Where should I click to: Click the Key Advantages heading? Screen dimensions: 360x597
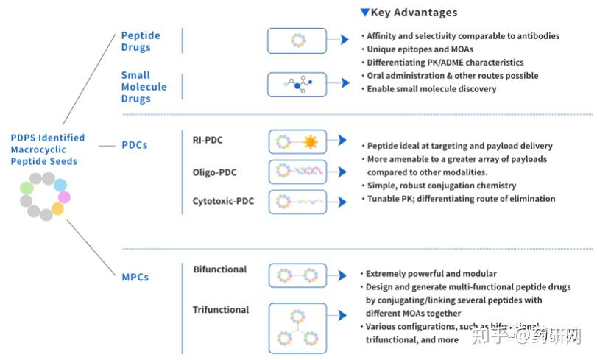(414, 13)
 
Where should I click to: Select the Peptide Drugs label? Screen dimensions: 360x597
(141, 41)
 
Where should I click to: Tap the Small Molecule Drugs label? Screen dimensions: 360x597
(144, 86)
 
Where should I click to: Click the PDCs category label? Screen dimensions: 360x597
(135, 145)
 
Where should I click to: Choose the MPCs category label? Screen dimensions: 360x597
(135, 277)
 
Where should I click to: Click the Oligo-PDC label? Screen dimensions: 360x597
(215, 172)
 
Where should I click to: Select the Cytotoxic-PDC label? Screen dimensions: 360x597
(224, 200)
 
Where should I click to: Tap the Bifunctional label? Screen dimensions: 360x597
(220, 269)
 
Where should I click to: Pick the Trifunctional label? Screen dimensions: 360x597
(221, 310)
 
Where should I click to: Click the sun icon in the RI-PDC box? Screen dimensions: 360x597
(311, 141)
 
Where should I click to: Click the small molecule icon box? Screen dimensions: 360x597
(297, 85)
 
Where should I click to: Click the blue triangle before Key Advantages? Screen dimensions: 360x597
(365, 13)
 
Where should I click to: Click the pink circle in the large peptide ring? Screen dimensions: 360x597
(64, 197)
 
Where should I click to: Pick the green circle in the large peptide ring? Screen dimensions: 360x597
(27, 188)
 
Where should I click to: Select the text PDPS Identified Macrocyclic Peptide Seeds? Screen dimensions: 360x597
(48, 149)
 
